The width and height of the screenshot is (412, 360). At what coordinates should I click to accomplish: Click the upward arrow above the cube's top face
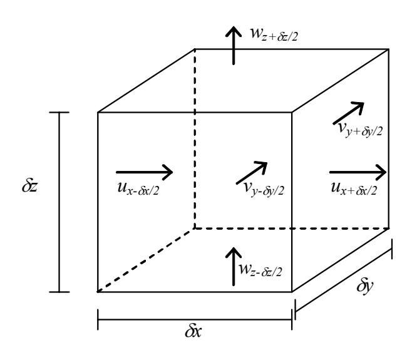point(234,45)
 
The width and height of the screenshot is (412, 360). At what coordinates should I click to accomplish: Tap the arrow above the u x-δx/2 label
point(144,172)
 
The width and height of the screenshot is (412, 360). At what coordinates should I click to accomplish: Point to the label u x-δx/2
point(138,188)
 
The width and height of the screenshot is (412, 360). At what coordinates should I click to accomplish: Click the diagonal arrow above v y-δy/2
point(252,173)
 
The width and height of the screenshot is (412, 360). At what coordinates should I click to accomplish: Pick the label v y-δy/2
point(264,190)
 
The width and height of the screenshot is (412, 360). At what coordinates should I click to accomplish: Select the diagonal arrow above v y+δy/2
point(348,113)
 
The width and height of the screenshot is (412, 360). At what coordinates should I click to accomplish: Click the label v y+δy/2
point(361,130)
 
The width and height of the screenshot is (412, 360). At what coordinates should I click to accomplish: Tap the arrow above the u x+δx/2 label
point(358,172)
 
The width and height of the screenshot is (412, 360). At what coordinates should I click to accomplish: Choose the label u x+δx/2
point(354,188)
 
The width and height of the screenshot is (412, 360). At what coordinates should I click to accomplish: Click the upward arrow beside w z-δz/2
point(234,267)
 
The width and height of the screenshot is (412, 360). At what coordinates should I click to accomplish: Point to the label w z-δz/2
point(260,270)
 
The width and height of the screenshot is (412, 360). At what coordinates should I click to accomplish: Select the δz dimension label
point(29,186)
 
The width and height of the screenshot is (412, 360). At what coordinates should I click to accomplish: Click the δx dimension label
point(193,331)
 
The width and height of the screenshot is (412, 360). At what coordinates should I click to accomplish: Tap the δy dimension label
point(364,286)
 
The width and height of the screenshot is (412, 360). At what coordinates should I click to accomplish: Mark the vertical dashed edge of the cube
point(195,139)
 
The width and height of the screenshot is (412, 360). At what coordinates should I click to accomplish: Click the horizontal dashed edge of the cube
point(292,229)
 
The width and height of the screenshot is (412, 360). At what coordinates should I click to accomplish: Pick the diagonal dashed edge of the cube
point(146,260)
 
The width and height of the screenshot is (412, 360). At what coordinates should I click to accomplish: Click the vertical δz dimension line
point(59,202)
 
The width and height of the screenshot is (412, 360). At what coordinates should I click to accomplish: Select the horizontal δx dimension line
point(195,319)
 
